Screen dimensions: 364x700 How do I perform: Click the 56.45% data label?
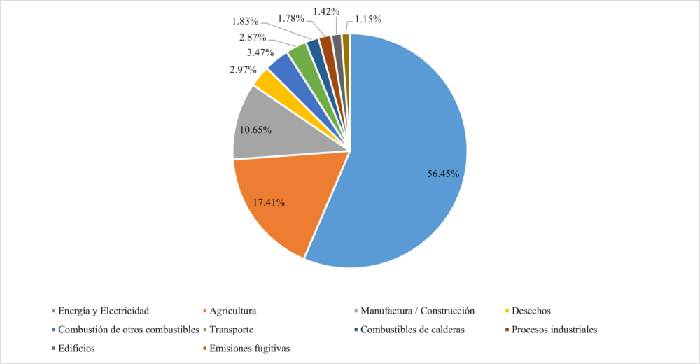(x=443, y=174)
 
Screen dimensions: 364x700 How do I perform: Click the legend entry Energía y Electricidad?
(x=104, y=310)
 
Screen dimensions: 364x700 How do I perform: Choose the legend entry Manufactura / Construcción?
(x=417, y=310)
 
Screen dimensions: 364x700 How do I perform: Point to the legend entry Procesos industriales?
(x=554, y=329)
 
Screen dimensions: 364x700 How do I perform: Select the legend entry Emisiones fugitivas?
(x=245, y=348)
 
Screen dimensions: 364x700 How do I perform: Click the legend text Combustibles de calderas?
(x=412, y=329)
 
